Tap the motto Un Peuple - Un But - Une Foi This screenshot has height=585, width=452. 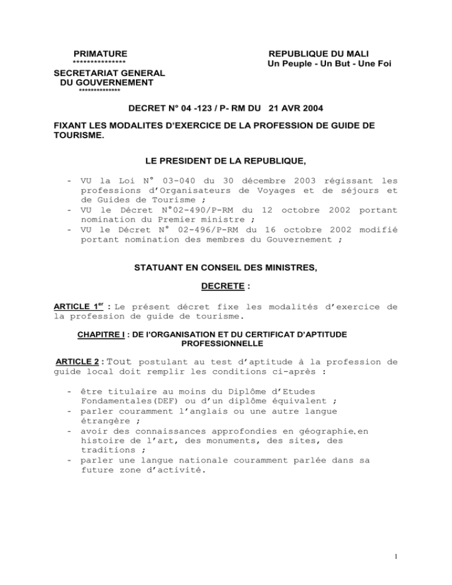point(329,64)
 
